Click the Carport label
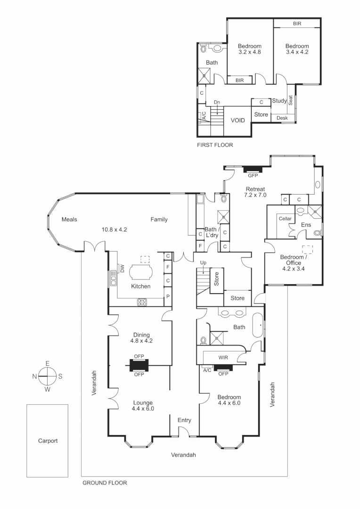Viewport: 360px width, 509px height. click(x=48, y=441)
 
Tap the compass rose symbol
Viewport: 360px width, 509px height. click(x=48, y=376)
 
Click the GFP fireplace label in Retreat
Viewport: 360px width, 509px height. click(x=253, y=176)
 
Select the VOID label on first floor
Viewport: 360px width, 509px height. click(x=237, y=120)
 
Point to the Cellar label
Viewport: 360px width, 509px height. click(x=285, y=219)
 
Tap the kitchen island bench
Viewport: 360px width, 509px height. click(x=140, y=272)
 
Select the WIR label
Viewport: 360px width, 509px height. click(x=223, y=358)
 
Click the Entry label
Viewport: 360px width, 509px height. click(x=184, y=420)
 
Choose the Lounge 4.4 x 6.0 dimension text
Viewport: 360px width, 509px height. click(x=143, y=409)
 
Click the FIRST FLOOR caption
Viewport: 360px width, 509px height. click(x=215, y=145)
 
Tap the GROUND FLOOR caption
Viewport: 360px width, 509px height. click(x=105, y=483)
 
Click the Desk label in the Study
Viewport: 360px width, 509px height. click(x=282, y=118)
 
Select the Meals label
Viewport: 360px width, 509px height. click(x=69, y=219)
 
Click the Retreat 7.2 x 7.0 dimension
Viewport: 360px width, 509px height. click(x=255, y=195)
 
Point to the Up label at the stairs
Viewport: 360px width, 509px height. click(x=204, y=262)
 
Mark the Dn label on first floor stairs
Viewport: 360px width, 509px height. click(x=217, y=102)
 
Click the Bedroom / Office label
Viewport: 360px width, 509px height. click(x=294, y=260)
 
